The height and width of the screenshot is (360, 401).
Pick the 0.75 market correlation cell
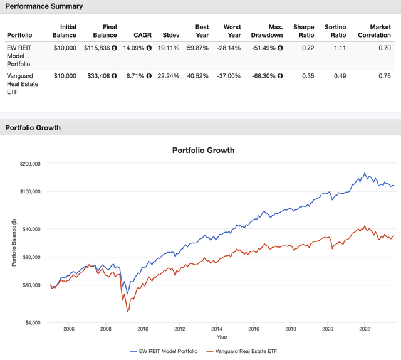click(383, 76)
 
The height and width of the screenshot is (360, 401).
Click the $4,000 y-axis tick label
click(30, 322)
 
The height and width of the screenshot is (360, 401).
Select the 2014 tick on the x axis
click(216, 329)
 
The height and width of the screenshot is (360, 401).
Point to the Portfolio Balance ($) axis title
click(14, 243)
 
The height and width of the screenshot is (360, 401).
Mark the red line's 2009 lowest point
click(127, 312)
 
